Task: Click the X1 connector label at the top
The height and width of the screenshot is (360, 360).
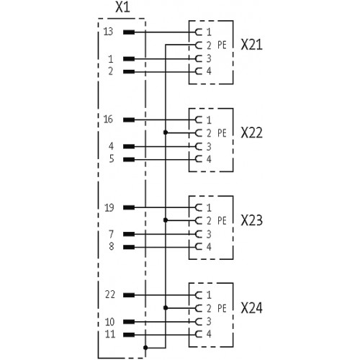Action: click(122, 7)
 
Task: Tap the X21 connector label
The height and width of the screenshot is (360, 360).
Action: click(251, 45)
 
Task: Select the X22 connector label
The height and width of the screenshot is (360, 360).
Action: click(251, 132)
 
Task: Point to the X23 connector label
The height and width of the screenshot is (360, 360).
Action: click(251, 220)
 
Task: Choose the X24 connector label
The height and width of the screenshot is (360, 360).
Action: click(251, 308)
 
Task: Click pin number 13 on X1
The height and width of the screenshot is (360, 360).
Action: click(108, 32)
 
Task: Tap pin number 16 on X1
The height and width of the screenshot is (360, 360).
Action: click(108, 120)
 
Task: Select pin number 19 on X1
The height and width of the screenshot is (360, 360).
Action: click(109, 207)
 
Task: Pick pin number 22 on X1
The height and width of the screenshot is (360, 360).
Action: click(110, 294)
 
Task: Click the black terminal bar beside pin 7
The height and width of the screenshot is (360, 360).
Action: click(129, 234)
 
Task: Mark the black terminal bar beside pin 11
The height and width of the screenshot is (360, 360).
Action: click(129, 335)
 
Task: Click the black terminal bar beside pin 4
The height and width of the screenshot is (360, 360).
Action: click(129, 146)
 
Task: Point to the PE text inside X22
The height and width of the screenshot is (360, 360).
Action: click(222, 133)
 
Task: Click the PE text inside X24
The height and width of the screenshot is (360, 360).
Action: click(222, 308)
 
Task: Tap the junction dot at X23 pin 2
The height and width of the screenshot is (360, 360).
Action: click(166, 220)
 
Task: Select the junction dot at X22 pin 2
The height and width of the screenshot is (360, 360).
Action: click(166, 132)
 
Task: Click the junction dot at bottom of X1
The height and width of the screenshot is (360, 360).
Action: click(145, 348)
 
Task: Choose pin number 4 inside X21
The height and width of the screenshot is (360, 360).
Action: click(209, 71)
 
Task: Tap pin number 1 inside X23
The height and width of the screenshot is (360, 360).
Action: click(209, 208)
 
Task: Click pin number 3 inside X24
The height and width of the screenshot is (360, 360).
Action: click(209, 321)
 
